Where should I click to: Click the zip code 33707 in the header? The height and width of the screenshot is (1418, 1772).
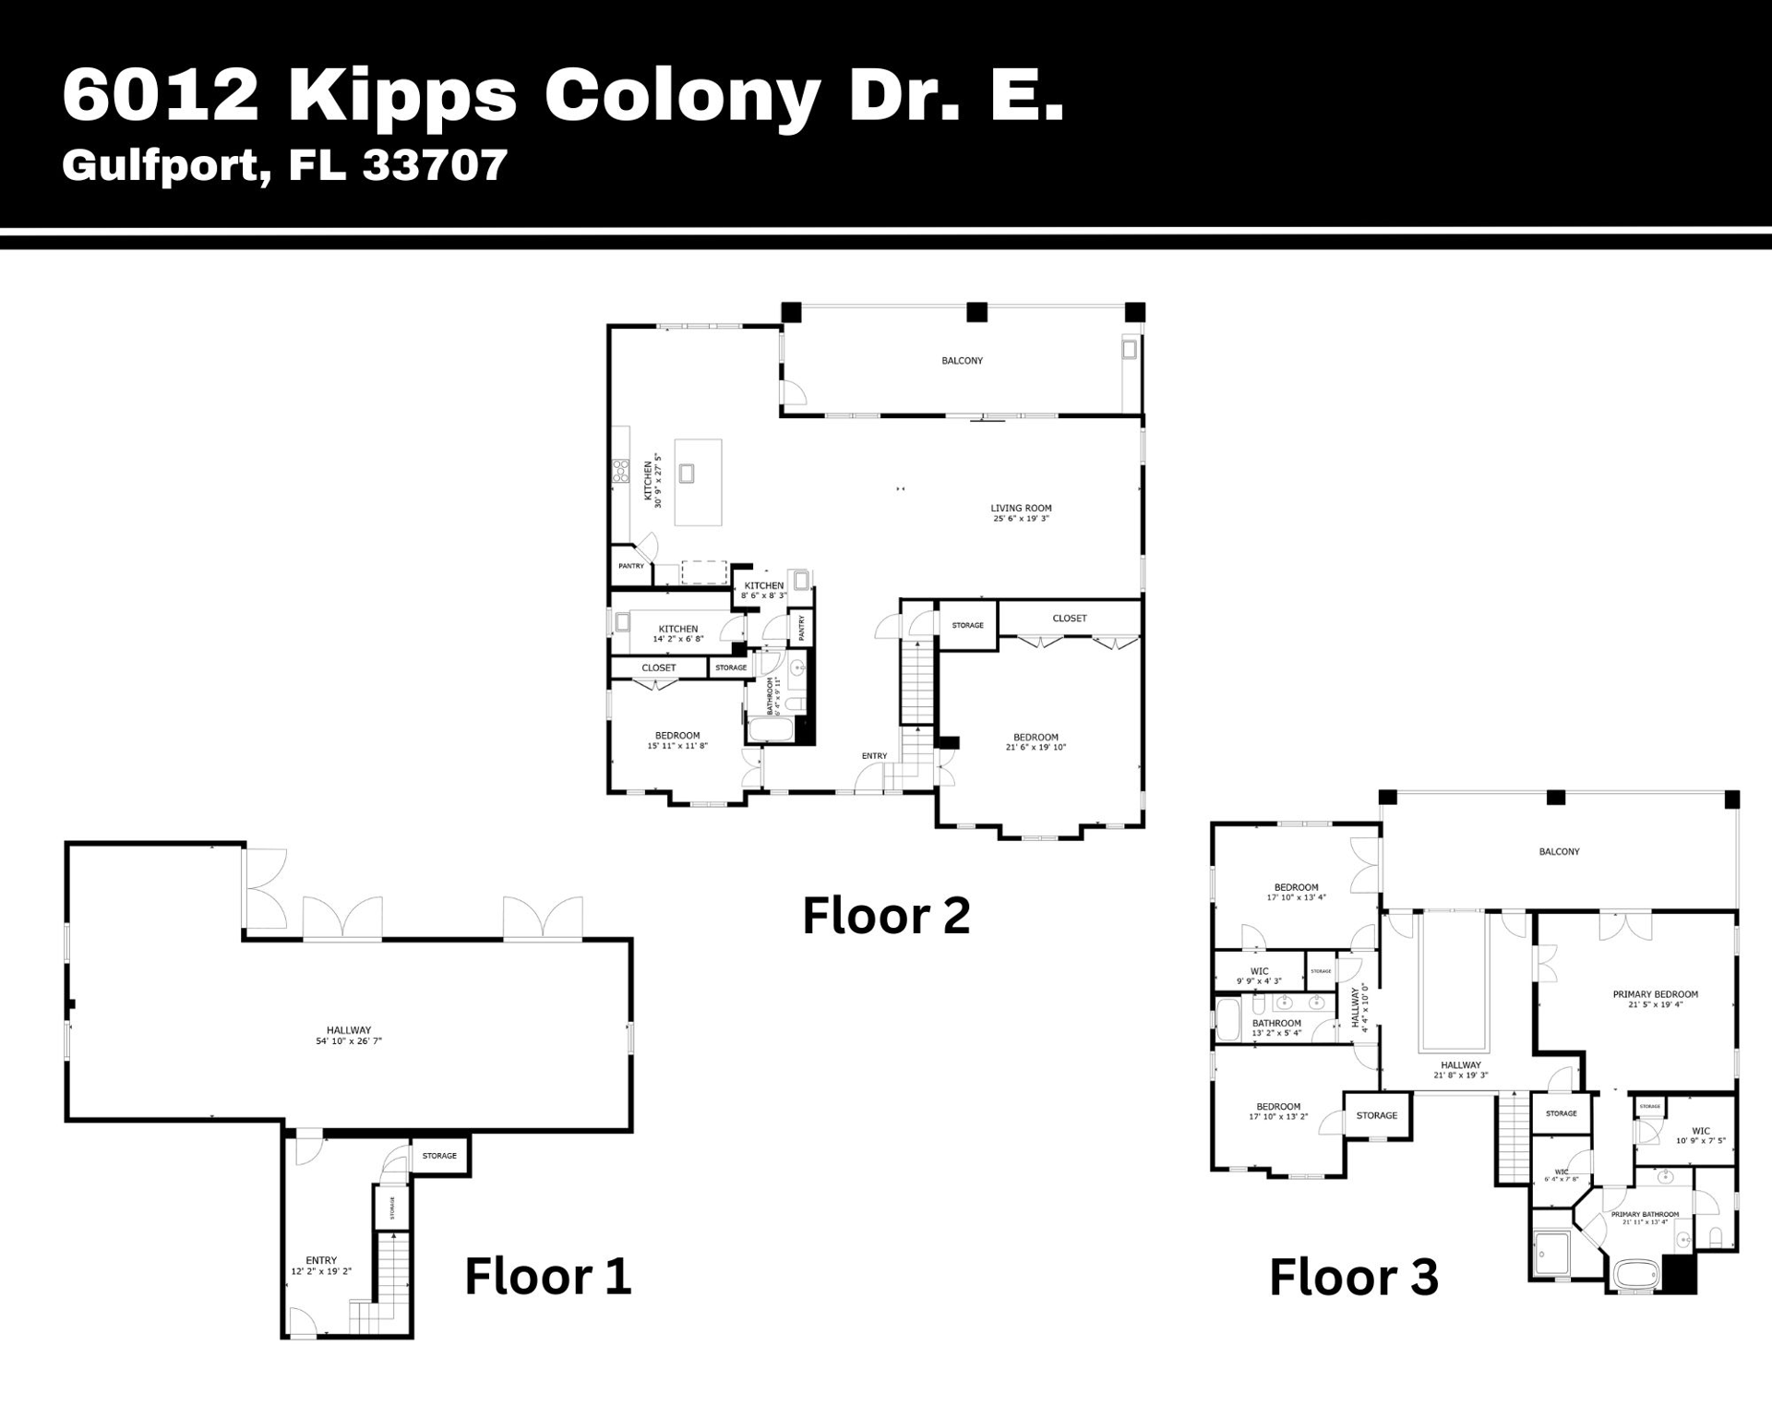(434, 165)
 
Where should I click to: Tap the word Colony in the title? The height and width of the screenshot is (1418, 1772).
(682, 95)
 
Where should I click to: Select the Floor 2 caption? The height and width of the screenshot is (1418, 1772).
(886, 916)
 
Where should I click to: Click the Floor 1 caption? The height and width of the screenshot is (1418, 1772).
(547, 1276)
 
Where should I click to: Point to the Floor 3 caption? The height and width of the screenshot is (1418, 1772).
(1353, 1277)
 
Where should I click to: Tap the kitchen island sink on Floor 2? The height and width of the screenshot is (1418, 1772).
(687, 474)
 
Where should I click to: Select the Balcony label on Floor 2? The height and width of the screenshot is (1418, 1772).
(962, 361)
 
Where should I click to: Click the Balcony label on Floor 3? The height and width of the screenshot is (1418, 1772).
(1559, 851)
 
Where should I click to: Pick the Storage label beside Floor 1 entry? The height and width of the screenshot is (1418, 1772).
(439, 1155)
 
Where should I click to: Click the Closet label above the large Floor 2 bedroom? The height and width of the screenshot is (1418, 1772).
(1070, 618)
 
